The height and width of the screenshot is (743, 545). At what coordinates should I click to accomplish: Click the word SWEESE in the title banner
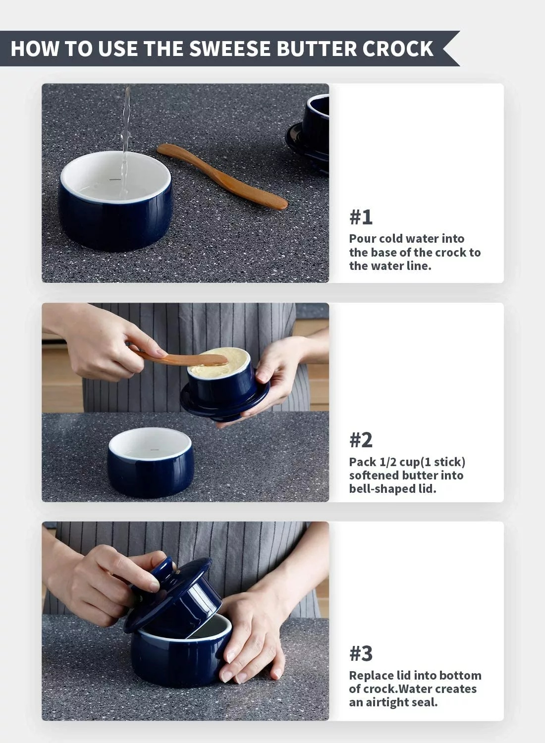tap(230, 49)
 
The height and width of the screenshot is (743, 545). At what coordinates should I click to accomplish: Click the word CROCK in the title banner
tap(398, 49)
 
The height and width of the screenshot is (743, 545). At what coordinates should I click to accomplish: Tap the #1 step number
tap(361, 217)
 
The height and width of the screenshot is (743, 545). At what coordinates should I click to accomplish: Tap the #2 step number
tap(361, 440)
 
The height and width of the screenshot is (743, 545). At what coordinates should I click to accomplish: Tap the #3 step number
tap(361, 653)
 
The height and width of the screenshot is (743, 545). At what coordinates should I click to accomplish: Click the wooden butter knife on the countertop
tap(222, 176)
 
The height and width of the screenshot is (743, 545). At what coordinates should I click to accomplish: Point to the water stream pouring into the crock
tap(125, 143)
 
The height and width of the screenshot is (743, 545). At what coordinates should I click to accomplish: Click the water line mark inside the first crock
tap(115, 179)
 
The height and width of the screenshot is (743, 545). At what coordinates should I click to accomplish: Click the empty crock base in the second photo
tap(150, 462)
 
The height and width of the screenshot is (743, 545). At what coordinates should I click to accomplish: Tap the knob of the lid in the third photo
tap(163, 571)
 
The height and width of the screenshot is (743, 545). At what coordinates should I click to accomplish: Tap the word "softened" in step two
tap(373, 476)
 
